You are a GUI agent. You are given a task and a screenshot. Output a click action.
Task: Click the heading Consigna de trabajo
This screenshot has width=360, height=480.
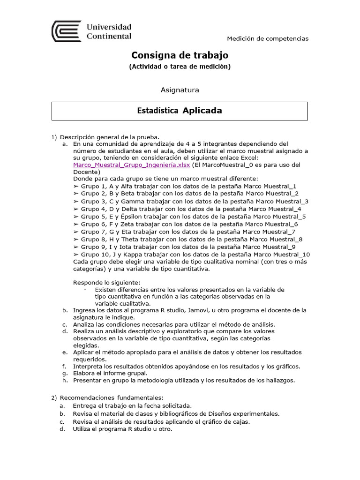180,55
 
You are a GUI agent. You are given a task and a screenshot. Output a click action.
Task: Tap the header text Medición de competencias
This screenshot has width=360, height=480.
268,38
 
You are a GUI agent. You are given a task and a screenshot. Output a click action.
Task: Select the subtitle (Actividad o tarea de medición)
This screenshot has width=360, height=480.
180,67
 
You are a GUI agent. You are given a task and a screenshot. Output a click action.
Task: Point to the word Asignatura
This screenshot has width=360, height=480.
180,90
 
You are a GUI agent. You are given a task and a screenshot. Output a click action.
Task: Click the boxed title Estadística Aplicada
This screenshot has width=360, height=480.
180,111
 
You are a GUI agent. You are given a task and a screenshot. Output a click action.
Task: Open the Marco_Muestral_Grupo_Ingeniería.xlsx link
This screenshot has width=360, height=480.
131,165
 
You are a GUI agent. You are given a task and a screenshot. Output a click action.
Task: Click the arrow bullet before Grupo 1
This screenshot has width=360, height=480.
76,186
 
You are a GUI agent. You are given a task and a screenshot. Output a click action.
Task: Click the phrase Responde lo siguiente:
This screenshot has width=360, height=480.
107,282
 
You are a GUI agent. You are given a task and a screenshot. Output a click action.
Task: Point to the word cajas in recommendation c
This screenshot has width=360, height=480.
240,421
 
